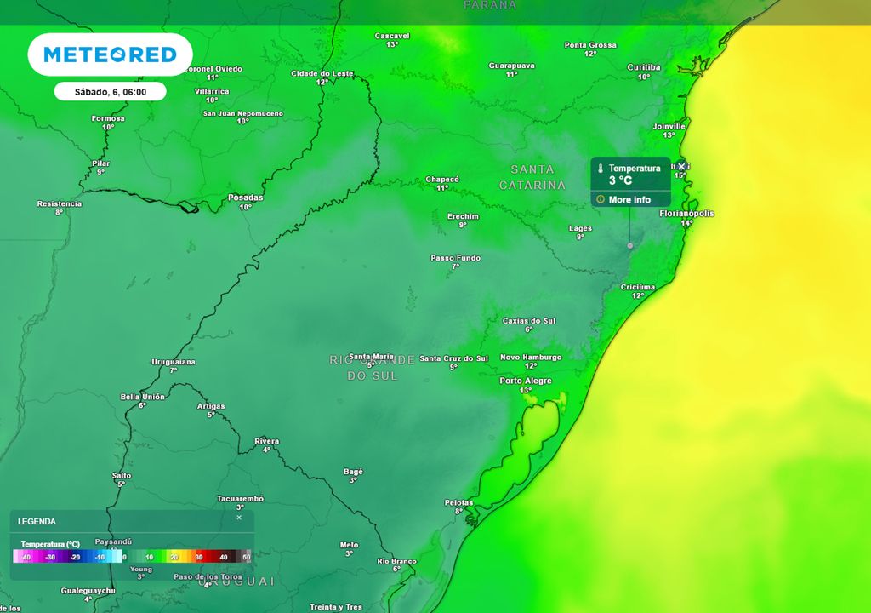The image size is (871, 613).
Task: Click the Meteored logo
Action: pos(110,54)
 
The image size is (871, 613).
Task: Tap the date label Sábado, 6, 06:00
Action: pos(110,91)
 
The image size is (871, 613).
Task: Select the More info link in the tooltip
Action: pos(629,199)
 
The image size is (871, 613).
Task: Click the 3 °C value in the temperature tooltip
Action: pos(621,180)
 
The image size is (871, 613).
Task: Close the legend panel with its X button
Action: pos(239,517)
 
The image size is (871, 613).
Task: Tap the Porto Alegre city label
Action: pos(526,381)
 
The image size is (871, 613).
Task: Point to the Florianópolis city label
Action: pos(687,214)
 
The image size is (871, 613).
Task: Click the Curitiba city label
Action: pos(644,67)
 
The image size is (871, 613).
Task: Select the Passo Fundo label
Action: pos(456,258)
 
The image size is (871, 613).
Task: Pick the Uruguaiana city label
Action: pos(174,362)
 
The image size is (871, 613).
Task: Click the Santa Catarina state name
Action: pos(532,177)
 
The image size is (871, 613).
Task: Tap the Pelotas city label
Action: pos(458,502)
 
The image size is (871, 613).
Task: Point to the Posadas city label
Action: pos(246,198)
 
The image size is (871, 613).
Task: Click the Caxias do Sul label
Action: pos(528,321)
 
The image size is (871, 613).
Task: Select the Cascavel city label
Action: pos(392,36)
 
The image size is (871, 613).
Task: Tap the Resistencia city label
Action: pos(60,203)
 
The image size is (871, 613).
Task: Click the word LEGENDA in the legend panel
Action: pos(37,521)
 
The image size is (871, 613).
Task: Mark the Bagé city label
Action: pos(353,471)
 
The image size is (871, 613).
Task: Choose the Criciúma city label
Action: pos(638,287)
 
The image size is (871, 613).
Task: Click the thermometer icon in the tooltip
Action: pos(601,169)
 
